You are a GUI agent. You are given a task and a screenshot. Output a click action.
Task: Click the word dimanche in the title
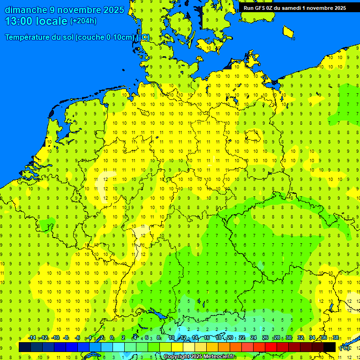(x=26, y=10)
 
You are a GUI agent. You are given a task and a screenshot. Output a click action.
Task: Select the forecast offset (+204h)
(x=83, y=21)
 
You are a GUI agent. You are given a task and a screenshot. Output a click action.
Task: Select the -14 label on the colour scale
(x=32, y=338)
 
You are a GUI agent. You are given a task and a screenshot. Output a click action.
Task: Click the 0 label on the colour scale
(x=112, y=338)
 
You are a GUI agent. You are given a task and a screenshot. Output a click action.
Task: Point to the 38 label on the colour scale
(x=336, y=338)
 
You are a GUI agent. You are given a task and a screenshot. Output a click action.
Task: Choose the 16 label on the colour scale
(x=207, y=338)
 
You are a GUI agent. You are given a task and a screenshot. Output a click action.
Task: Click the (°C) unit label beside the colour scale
(x=345, y=348)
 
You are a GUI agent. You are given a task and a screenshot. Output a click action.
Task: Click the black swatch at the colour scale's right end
(x=330, y=347)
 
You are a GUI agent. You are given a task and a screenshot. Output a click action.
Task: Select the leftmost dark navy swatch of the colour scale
(x=25, y=347)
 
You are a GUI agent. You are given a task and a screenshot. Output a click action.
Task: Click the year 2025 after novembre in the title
(x=112, y=10)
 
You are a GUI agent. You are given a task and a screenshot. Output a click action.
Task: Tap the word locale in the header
(x=51, y=21)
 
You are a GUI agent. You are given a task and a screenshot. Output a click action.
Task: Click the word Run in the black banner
(x=249, y=8)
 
